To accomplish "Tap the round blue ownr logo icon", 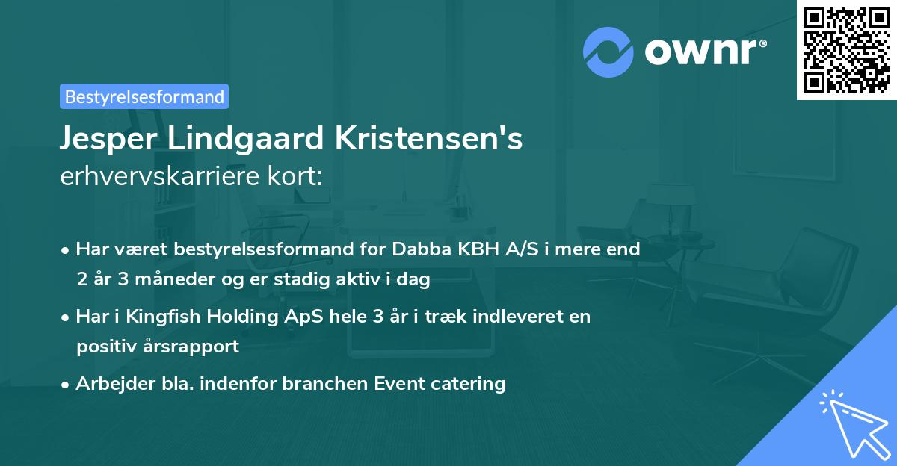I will pyautogui.click(x=608, y=52).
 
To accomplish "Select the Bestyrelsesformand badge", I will pyautogui.click(x=144, y=96).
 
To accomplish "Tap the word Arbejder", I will pyautogui.click(x=109, y=384).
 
